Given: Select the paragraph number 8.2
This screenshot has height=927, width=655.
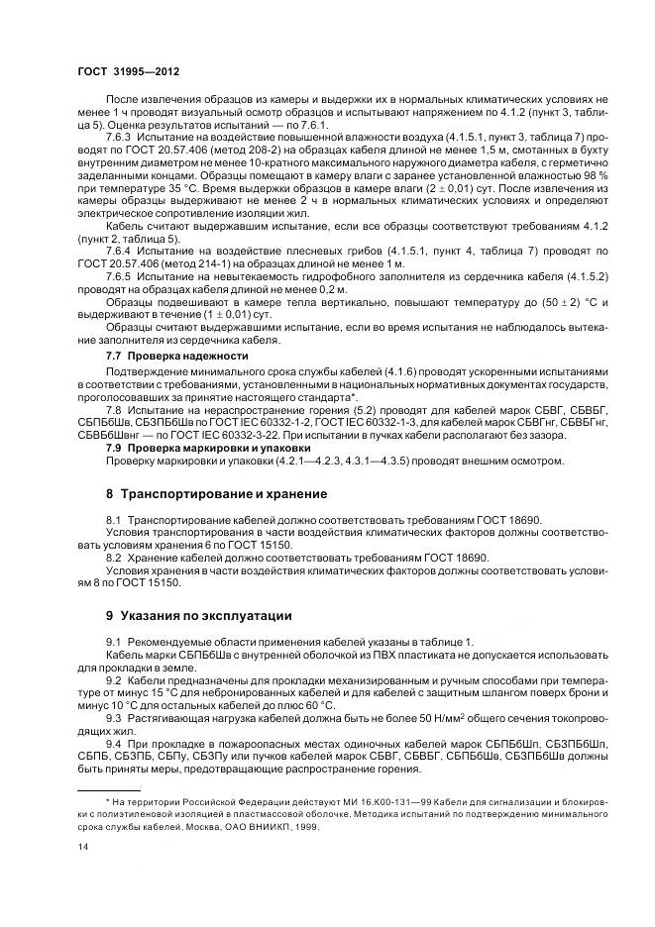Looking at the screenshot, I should [114, 559].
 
